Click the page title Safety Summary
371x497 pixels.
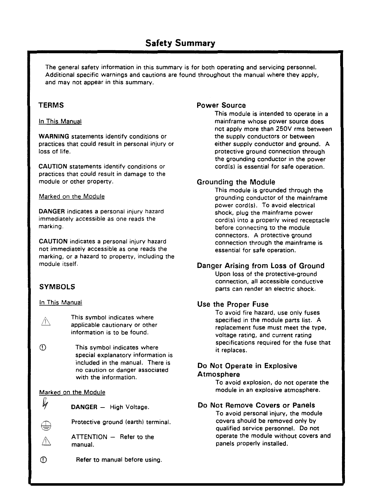coord(180,43)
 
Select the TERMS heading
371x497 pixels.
coord(51,105)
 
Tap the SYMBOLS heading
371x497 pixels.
coord(57,287)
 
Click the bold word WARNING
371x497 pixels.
coord(54,137)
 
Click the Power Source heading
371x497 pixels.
coord(221,105)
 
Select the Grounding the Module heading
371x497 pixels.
coord(236,182)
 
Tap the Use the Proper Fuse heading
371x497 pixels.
coord(233,304)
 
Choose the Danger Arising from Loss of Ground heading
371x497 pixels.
coord(261,266)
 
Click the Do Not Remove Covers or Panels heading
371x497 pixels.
coord(256,405)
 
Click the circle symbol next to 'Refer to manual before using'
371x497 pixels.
coord(44,460)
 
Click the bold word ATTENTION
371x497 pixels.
coord(89,437)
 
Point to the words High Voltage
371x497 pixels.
coord(129,407)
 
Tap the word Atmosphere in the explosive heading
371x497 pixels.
coord(219,374)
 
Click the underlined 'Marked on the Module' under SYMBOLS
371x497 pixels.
coord(72,392)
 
